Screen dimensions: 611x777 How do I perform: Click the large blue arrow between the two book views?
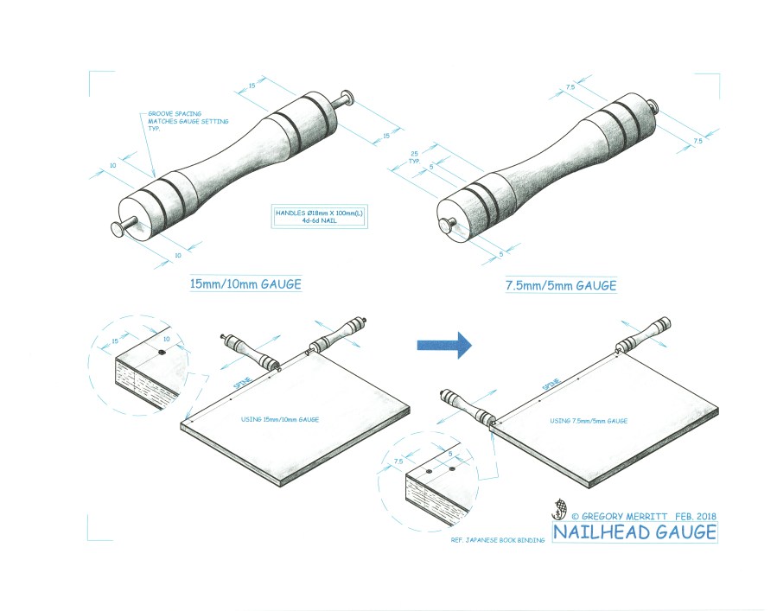[x=443, y=345]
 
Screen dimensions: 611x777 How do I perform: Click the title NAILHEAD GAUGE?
[x=634, y=531]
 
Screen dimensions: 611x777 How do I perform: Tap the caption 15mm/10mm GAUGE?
[x=245, y=283]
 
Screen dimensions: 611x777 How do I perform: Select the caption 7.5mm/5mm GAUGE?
[x=561, y=284]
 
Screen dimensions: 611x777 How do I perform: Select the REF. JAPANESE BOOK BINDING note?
[x=499, y=540]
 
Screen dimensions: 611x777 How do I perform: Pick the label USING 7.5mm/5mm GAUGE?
[x=589, y=421]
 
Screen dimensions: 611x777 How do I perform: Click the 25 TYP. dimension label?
[x=414, y=156]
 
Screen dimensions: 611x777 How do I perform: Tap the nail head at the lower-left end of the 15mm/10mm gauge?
[x=117, y=227]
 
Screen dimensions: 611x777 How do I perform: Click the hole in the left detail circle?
[x=162, y=353]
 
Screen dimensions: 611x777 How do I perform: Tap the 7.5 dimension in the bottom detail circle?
[x=398, y=461]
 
